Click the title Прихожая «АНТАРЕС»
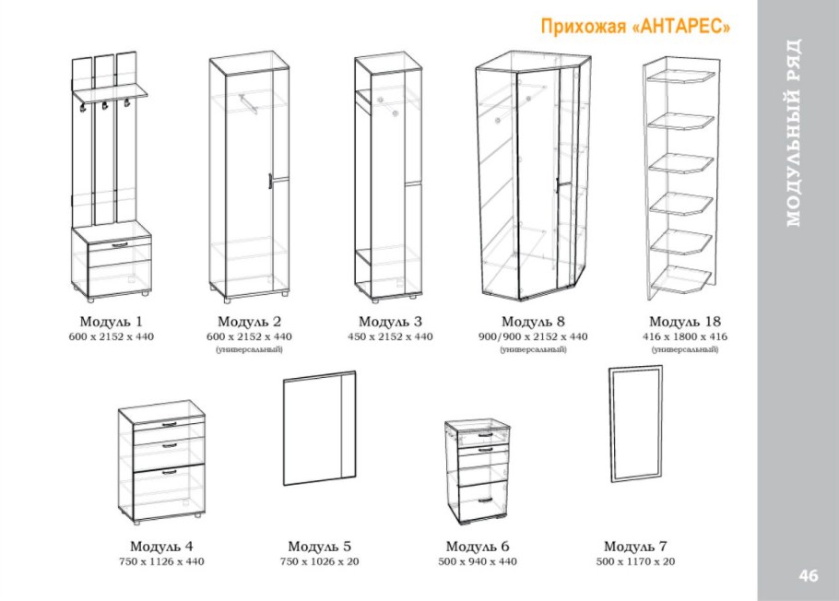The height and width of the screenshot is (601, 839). click(635, 26)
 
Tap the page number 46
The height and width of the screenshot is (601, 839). click(809, 575)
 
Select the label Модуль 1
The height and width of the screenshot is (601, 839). click(112, 322)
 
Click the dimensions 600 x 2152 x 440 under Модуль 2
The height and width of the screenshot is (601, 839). click(249, 336)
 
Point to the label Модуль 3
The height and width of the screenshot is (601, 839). click(390, 322)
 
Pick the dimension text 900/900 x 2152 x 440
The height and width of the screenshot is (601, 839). click(533, 336)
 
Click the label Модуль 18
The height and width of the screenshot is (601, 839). click(685, 322)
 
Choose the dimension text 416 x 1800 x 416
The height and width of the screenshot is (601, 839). click(685, 336)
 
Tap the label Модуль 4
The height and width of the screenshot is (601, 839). click(161, 547)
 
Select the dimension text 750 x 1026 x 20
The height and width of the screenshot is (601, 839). click(319, 561)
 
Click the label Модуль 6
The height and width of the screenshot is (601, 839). click(478, 547)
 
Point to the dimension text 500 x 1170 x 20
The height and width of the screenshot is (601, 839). click(635, 561)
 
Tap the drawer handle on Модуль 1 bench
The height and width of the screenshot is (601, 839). click(121, 245)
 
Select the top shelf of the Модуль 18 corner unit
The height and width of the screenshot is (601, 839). click(681, 78)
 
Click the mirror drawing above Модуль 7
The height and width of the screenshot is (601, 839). click(610, 424)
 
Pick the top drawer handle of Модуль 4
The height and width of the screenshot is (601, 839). click(169, 424)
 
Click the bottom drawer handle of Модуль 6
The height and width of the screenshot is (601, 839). click(485, 501)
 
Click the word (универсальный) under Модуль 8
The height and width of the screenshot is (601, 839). click(533, 349)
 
